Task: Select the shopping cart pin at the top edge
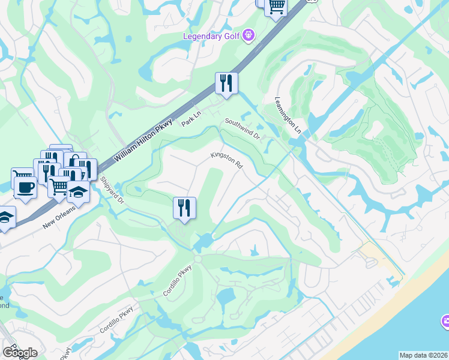[276, 7]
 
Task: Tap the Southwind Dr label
[243, 128]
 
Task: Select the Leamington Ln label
[288, 115]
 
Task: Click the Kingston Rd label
[226, 160]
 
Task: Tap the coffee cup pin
[25, 187]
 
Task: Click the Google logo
[20, 353]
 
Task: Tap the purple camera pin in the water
[445, 321]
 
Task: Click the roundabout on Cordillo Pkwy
[197, 259]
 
